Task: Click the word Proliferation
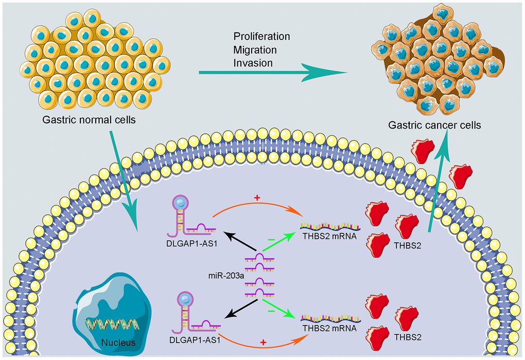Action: tap(261, 37)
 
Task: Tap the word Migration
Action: tap(255, 50)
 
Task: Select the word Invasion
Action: tap(253, 63)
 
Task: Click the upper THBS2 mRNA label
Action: tap(330, 238)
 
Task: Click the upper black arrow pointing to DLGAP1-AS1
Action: tap(238, 243)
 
